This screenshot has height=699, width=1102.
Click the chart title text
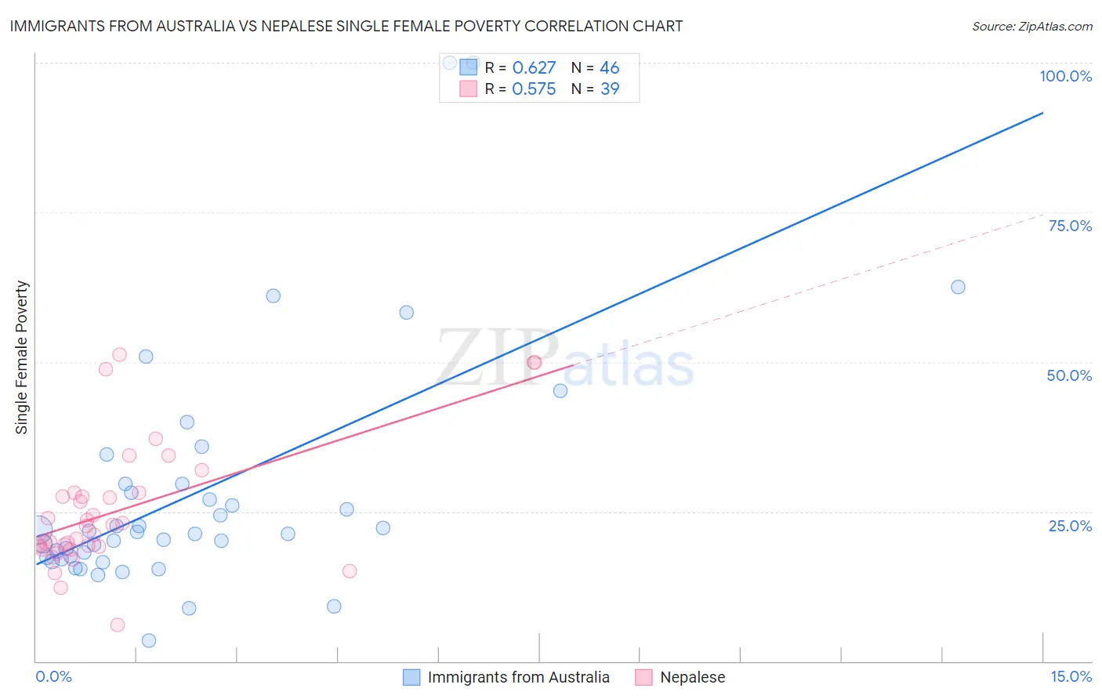(x=346, y=26)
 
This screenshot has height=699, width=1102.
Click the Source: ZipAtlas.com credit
(x=1031, y=26)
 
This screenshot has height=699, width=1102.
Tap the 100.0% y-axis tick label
(x=1065, y=76)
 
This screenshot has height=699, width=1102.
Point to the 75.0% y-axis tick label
(x=1069, y=226)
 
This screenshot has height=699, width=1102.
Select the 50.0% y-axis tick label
(x=1069, y=375)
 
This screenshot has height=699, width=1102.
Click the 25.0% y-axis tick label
(x=1069, y=525)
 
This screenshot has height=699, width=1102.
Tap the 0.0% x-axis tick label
(x=53, y=676)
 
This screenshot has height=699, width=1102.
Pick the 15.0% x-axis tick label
(x=1071, y=676)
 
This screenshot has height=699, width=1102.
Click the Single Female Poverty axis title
(x=22, y=357)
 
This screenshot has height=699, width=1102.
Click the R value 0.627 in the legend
(x=534, y=67)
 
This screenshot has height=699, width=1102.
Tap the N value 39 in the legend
(x=610, y=89)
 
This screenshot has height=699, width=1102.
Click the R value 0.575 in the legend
(x=534, y=89)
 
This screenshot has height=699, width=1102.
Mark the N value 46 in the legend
(x=610, y=67)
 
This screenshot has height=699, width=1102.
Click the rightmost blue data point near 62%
(x=958, y=287)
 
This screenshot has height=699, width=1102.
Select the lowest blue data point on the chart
(x=149, y=640)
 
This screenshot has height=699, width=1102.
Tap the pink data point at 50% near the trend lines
(x=535, y=362)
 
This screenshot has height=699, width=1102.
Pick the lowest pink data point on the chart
(x=118, y=625)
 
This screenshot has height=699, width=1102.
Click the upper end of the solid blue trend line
(x=1042, y=113)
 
